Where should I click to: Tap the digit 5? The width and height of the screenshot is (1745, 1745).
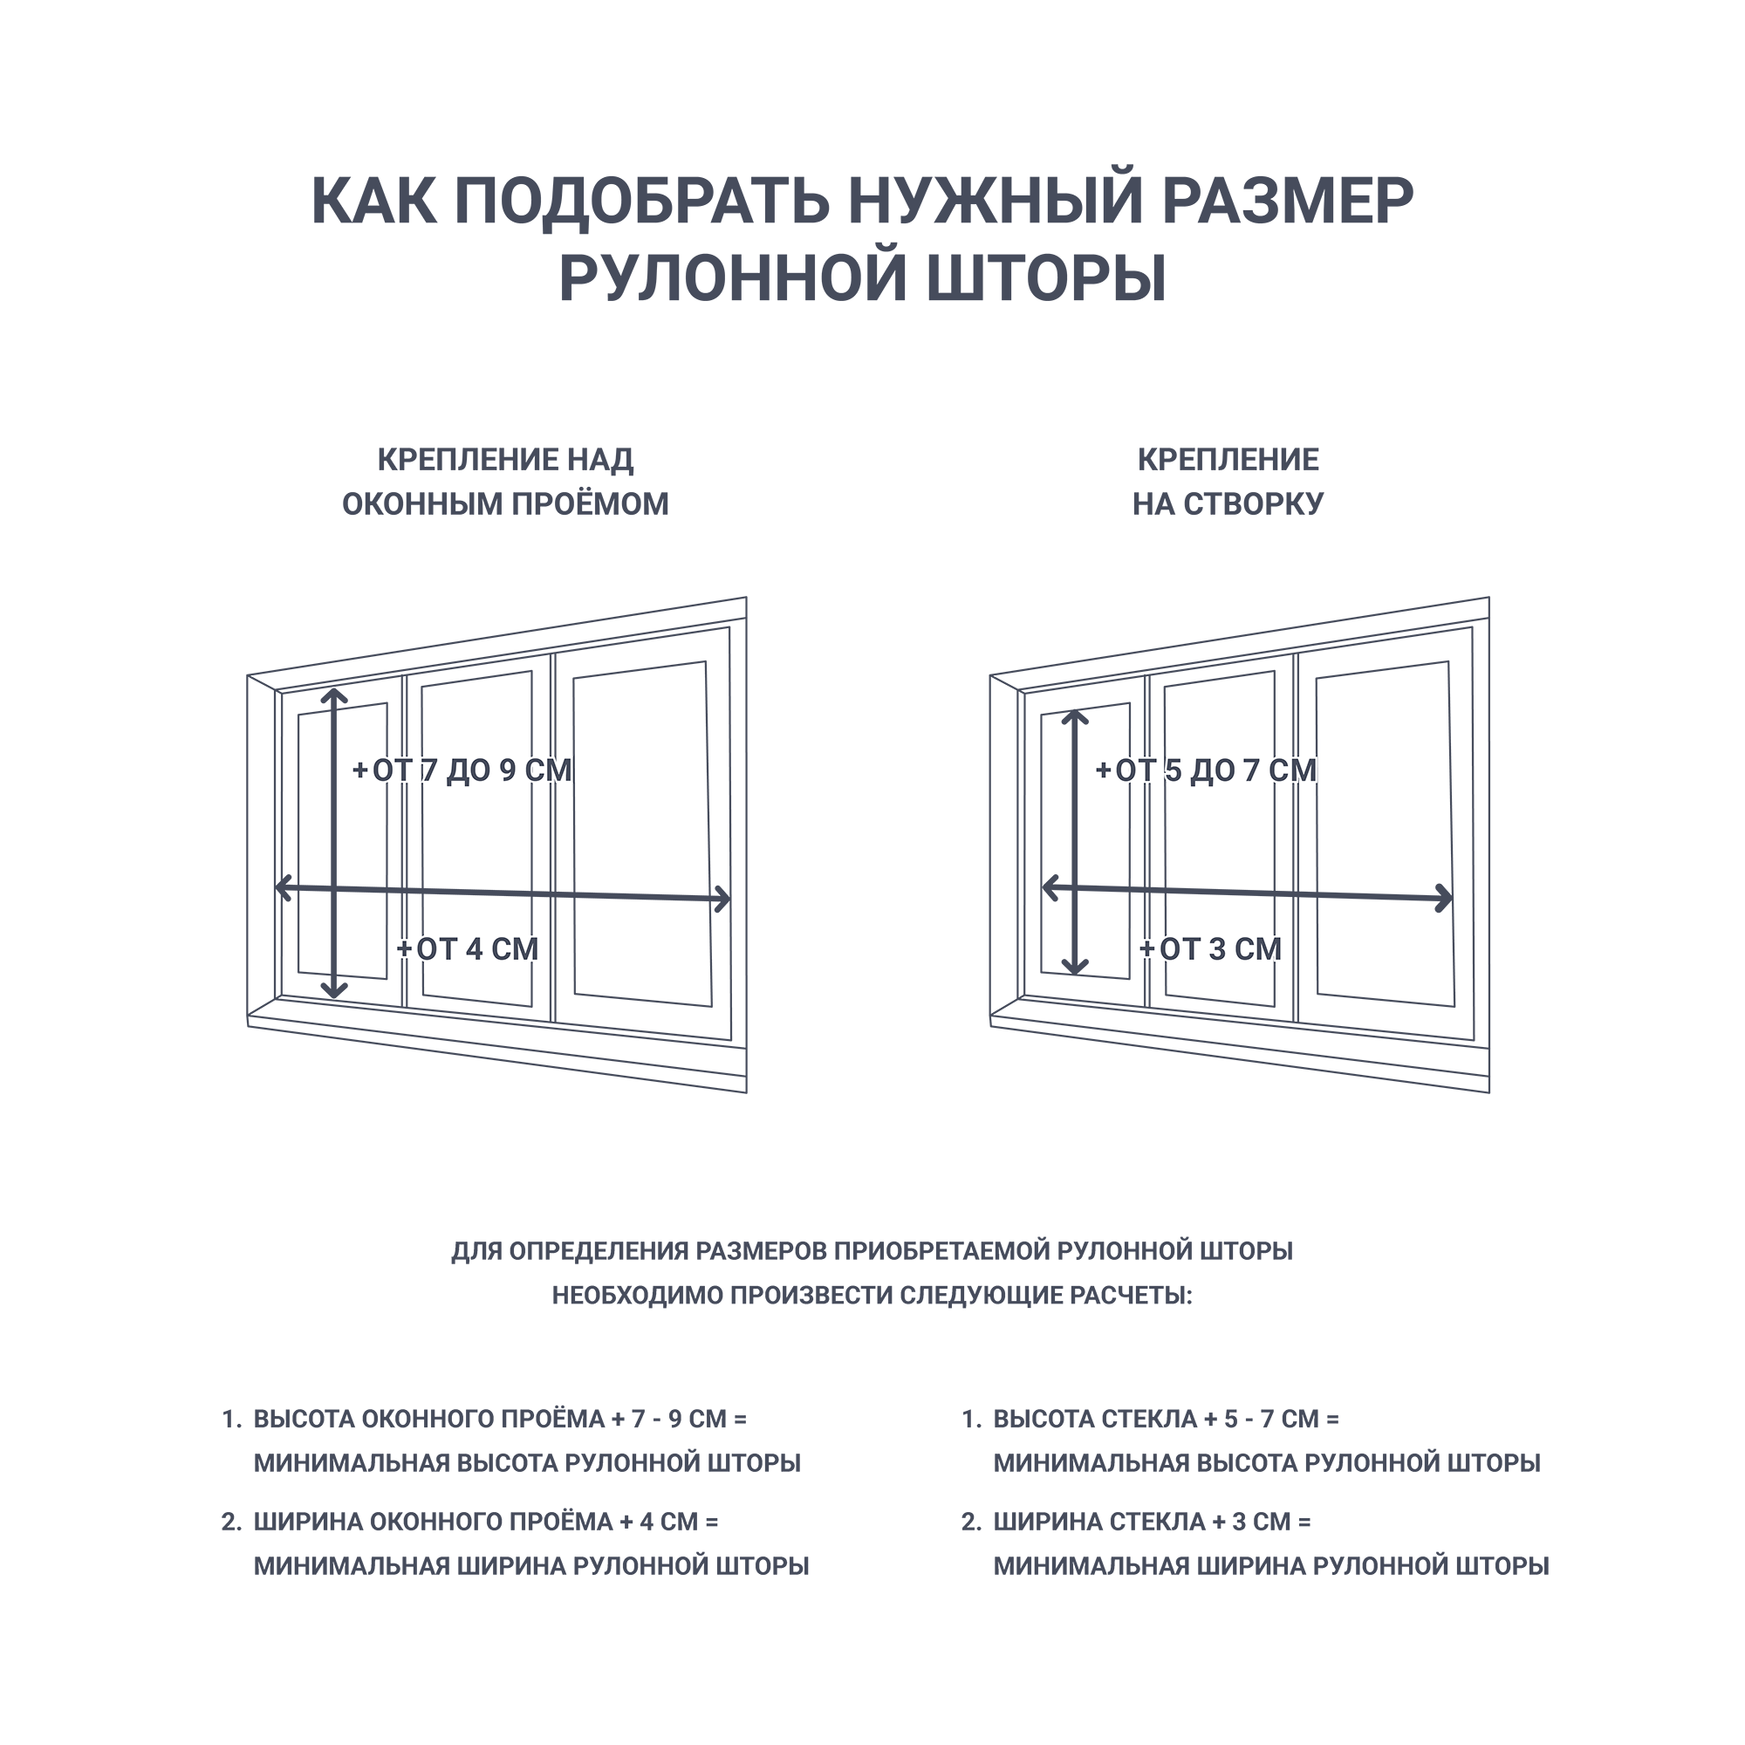point(1174,770)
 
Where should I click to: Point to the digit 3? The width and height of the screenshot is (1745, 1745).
point(1218,949)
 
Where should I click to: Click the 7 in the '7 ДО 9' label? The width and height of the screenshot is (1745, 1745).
point(429,770)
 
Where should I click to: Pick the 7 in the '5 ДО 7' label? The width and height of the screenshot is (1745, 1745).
point(1253,770)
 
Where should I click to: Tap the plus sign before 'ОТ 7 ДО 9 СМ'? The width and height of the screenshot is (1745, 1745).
point(360,770)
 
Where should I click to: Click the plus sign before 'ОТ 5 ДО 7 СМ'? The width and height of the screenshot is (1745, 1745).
point(1104,770)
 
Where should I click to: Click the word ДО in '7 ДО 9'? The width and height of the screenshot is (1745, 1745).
point(468,770)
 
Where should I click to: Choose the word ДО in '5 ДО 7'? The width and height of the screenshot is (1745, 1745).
point(1212,770)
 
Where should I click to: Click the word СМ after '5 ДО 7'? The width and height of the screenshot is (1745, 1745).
point(1292,770)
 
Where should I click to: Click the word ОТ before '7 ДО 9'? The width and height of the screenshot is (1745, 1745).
point(392,770)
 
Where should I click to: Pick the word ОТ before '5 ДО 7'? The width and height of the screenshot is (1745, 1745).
point(1135,770)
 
